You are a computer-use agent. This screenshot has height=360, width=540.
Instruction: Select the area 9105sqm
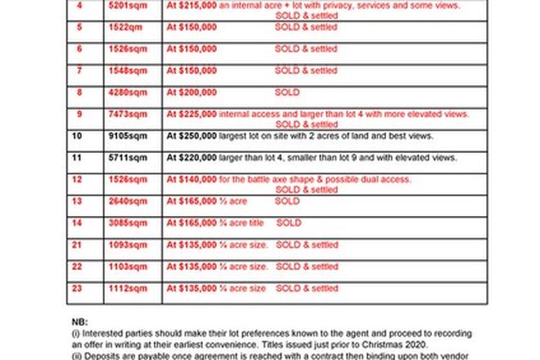[x=125, y=136]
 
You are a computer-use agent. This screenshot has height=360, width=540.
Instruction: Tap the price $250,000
[x=191, y=136]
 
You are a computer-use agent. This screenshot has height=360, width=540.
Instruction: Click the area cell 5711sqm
[x=125, y=157]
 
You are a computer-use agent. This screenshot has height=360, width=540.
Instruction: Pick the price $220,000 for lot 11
[x=191, y=157]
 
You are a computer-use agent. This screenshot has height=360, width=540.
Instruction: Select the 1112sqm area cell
[x=125, y=288]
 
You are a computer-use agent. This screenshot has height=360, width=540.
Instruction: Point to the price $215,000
[x=191, y=5]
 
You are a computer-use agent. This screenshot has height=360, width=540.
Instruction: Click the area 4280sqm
[x=125, y=92]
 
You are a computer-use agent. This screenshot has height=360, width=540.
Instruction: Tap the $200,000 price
[x=191, y=92]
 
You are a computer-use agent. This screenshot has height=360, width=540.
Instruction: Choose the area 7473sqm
[x=125, y=115]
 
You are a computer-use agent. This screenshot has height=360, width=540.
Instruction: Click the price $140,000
[x=191, y=179]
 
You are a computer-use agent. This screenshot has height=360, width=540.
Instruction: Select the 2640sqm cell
[x=125, y=200]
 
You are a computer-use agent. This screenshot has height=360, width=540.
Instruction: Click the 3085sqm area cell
[x=125, y=223]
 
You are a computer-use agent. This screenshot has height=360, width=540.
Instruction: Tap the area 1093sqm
[x=125, y=245]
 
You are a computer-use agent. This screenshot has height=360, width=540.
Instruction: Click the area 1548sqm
[x=125, y=71]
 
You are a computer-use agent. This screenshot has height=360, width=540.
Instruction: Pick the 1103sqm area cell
[x=125, y=267]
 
